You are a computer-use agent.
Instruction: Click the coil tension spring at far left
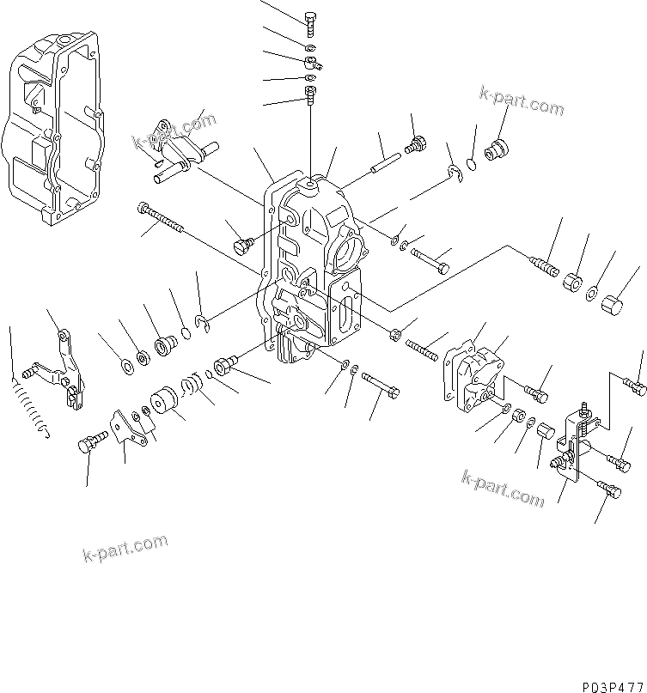pos(28,406)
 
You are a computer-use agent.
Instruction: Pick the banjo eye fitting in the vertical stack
pos(312,62)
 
